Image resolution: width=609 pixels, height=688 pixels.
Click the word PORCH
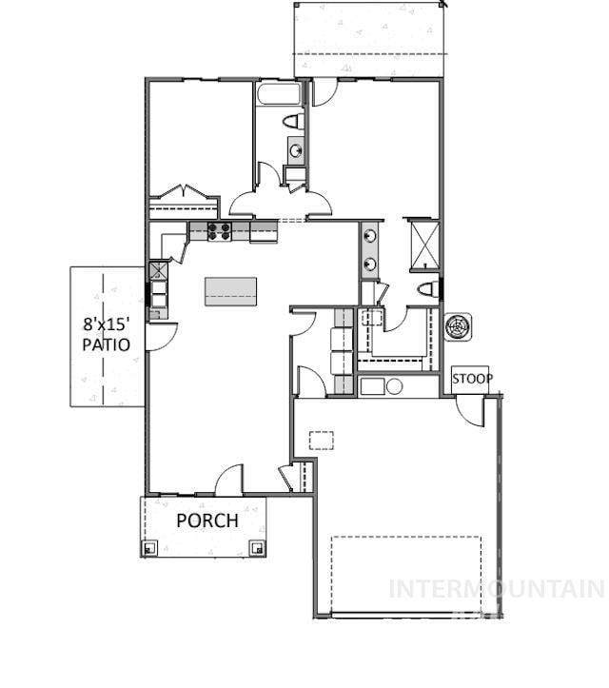click(206, 521)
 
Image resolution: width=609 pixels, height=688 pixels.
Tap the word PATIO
click(106, 344)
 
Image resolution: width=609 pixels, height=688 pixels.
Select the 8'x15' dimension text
click(106, 323)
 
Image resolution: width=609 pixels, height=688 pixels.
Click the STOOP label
click(472, 379)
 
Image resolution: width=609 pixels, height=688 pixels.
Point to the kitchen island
click(231, 290)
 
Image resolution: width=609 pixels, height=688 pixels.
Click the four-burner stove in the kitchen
click(219, 230)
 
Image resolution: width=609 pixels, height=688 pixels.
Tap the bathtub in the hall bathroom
click(278, 95)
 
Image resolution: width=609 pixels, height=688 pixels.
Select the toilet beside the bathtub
click(294, 123)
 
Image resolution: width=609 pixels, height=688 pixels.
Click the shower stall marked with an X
click(422, 241)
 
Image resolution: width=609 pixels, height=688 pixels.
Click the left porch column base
click(149, 547)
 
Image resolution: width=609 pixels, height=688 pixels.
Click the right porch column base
click(256, 547)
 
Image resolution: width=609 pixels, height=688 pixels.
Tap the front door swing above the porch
click(228, 481)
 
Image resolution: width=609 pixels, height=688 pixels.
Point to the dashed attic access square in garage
click(322, 440)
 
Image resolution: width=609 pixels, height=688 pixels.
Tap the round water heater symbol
click(393, 386)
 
